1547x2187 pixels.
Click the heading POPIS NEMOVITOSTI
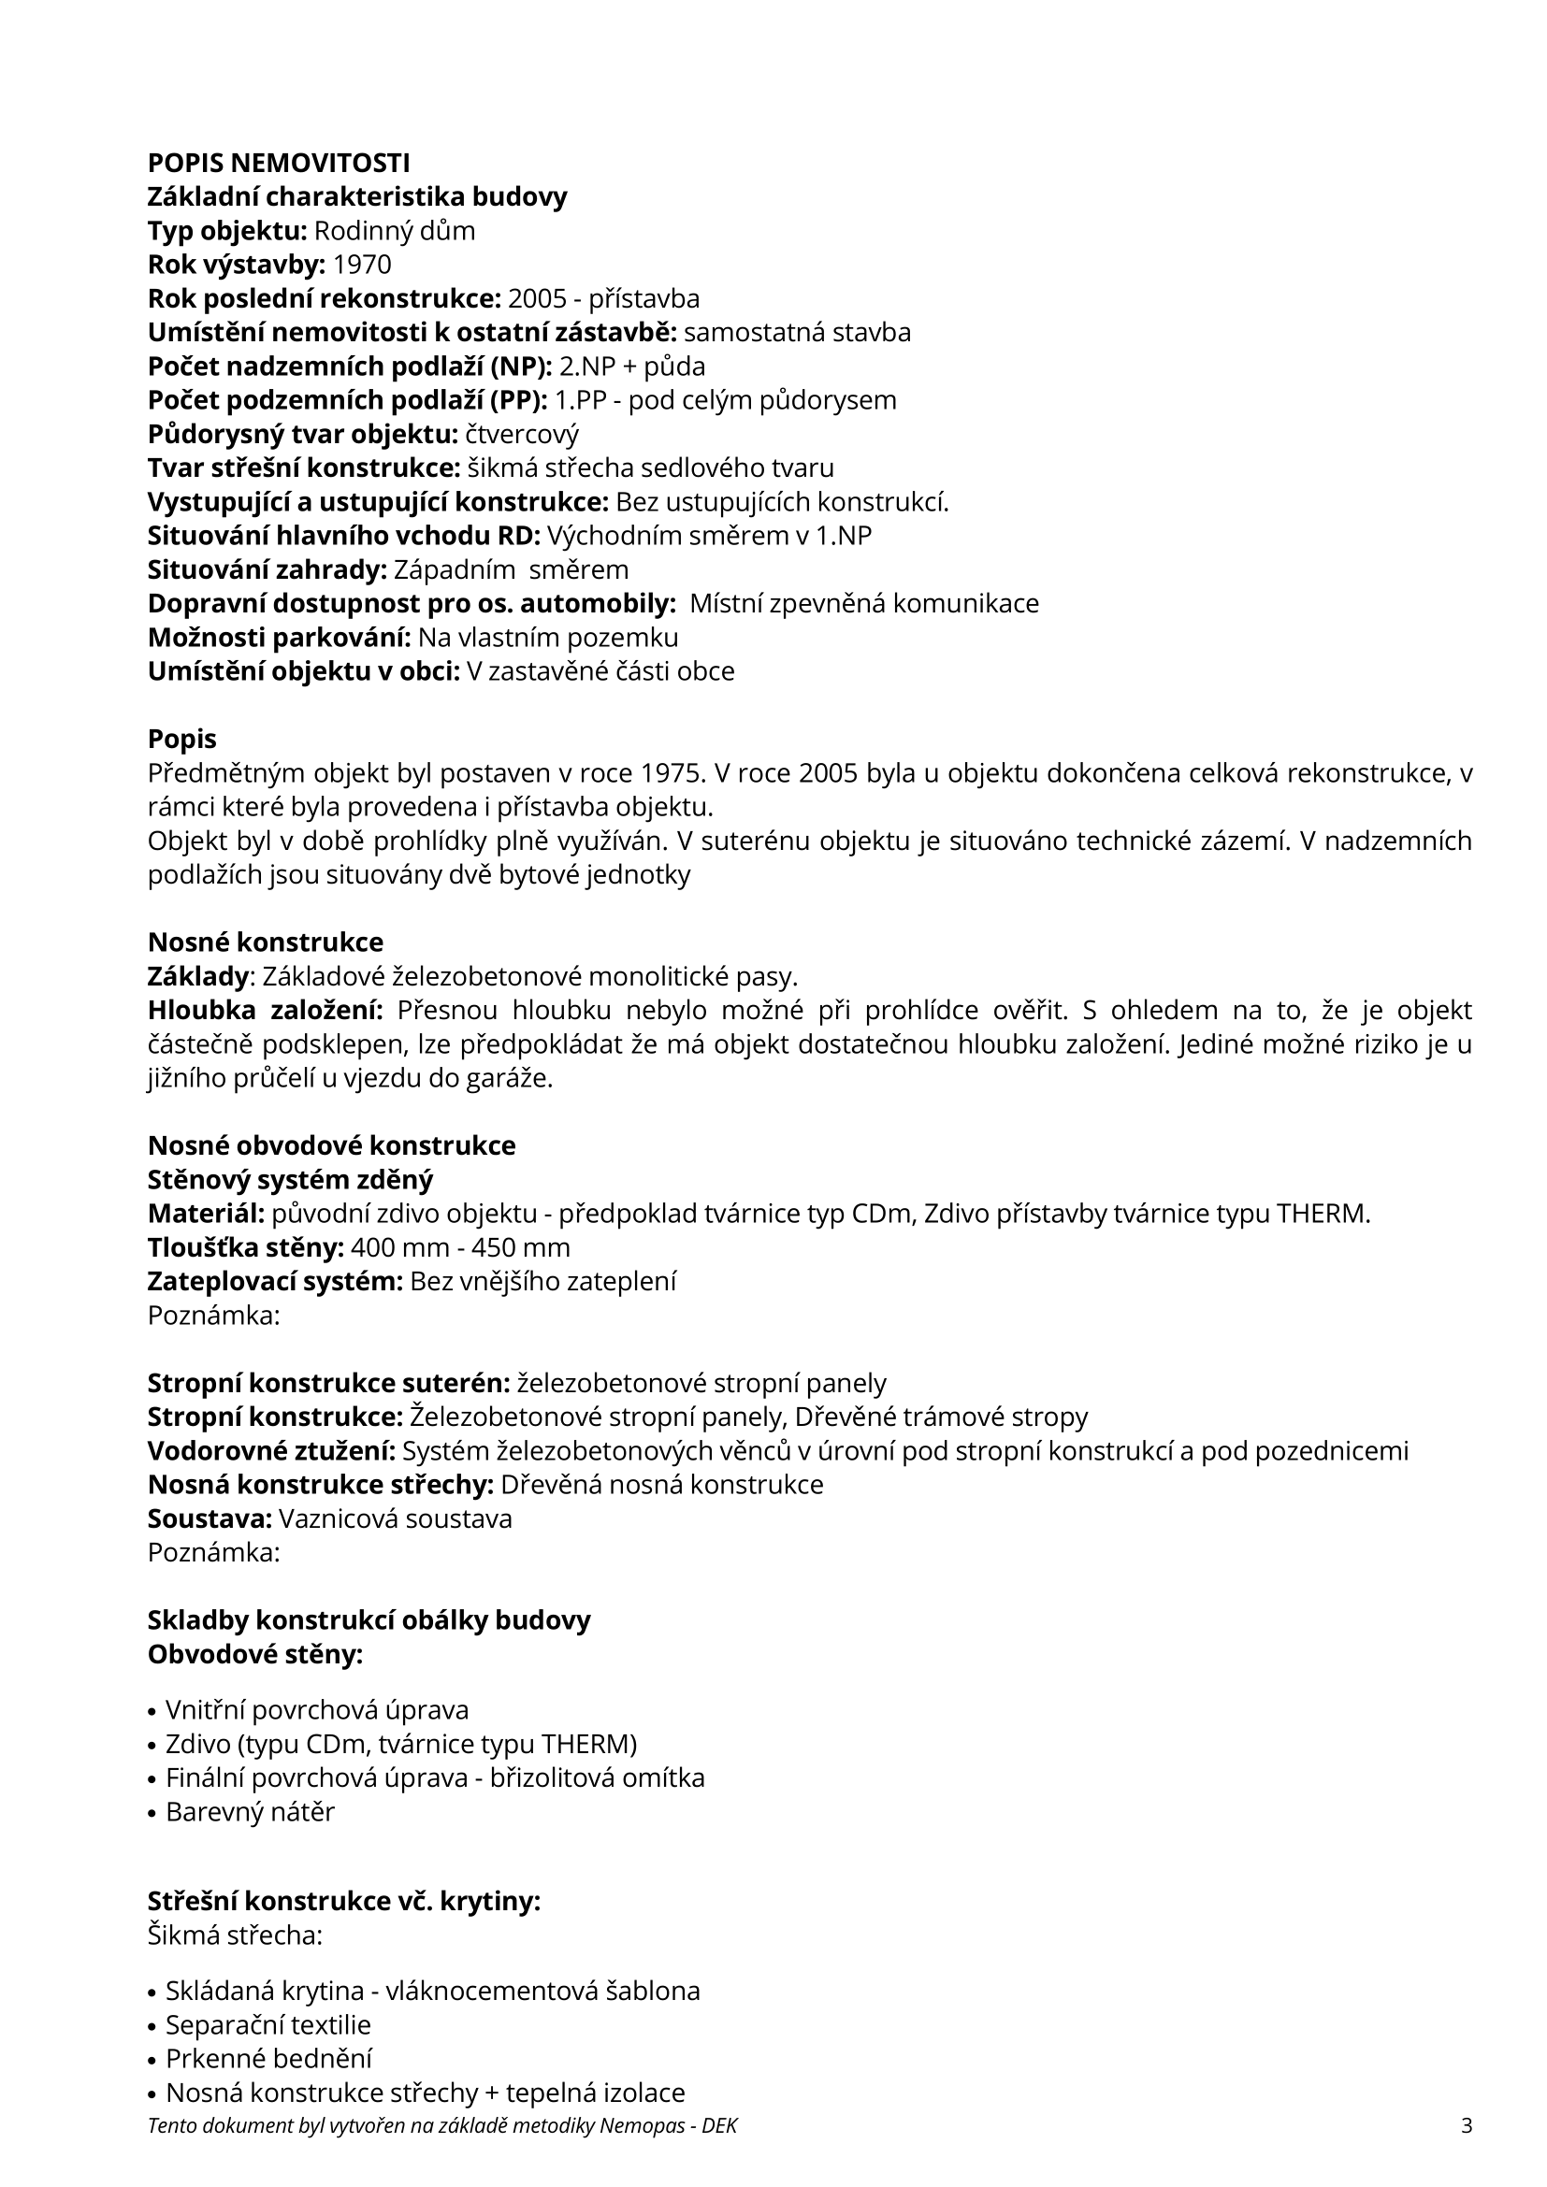[x=279, y=163]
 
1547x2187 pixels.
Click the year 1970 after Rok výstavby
[x=362, y=264]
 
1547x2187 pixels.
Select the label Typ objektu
[x=226, y=231]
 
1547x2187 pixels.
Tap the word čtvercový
[x=522, y=435]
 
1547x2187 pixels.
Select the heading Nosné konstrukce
[x=266, y=942]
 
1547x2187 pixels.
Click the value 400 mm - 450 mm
[x=460, y=1247]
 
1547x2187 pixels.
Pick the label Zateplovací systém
[x=275, y=1281]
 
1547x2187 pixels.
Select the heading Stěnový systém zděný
[x=291, y=1179]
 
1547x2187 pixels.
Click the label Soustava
[x=210, y=1518]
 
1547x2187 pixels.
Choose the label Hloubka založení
[x=265, y=1010]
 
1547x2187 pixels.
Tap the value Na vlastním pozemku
[x=548, y=638]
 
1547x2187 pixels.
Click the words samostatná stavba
[x=797, y=333]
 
